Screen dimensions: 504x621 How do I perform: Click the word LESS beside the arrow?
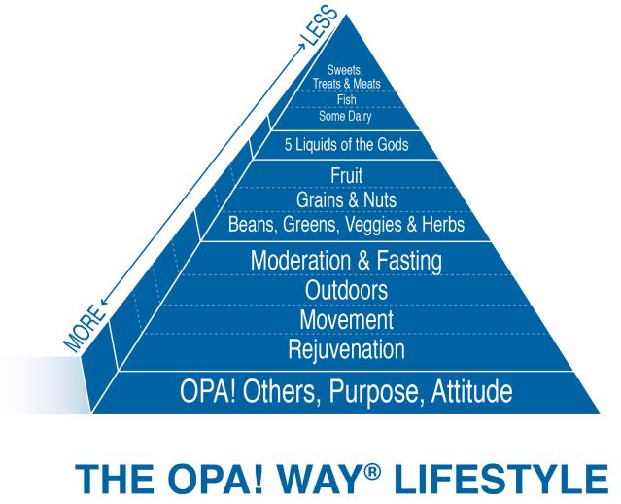point(321,25)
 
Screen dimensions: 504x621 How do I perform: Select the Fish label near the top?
point(346,100)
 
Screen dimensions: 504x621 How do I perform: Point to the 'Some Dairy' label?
point(346,116)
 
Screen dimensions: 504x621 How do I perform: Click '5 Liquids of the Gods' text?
point(346,145)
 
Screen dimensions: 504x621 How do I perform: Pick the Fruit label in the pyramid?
point(346,177)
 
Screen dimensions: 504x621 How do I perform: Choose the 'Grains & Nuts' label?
point(346,200)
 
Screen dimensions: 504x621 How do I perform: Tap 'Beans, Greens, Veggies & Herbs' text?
point(346,225)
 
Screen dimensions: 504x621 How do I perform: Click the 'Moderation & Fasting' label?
point(346,261)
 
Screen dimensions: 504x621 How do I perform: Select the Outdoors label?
point(346,290)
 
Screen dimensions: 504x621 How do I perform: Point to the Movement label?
point(346,319)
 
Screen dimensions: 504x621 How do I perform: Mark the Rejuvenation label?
point(346,348)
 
